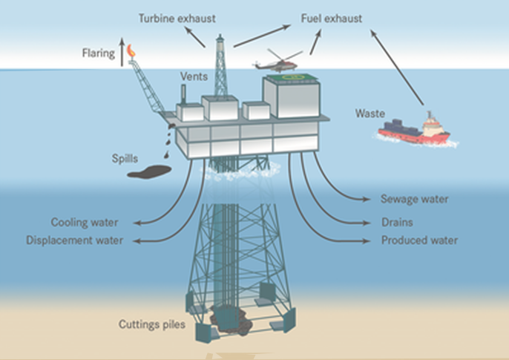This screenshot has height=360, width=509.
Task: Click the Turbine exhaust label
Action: click(x=171, y=17)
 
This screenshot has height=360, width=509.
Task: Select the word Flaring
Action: click(x=99, y=53)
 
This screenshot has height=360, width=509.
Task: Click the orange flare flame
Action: click(x=131, y=50)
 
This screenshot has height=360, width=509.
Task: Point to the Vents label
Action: click(x=194, y=76)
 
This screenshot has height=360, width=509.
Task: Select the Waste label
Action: click(x=370, y=113)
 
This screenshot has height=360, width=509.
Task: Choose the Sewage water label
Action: click(x=414, y=199)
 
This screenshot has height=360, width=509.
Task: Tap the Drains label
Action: click(x=397, y=222)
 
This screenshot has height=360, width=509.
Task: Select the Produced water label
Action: click(x=419, y=240)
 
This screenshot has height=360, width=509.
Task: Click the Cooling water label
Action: click(x=84, y=222)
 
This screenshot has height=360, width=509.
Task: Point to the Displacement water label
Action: click(x=74, y=240)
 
